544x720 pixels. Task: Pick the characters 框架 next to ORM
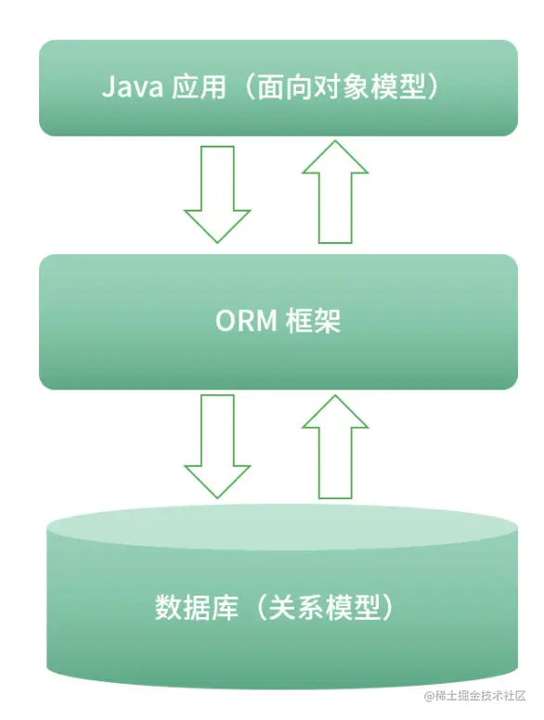[313, 322]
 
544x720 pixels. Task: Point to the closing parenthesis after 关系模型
[390, 608]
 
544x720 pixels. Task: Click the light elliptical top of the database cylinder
[278, 525]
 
